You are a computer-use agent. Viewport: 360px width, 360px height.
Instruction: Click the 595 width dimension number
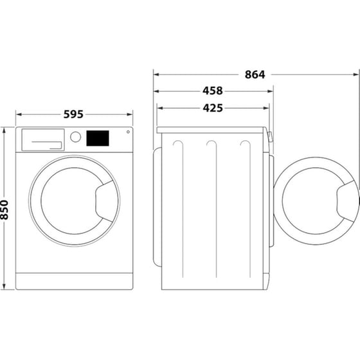73,114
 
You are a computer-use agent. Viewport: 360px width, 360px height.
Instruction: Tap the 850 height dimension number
6,208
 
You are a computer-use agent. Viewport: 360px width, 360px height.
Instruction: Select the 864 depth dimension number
255,74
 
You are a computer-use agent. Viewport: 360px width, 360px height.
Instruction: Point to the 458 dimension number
213,91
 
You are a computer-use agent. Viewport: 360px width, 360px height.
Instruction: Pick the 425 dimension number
213,108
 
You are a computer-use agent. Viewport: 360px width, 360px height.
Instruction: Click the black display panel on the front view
97,138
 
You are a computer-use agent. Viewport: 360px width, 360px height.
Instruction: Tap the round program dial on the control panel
75,137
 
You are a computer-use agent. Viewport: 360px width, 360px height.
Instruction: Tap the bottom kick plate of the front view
73,281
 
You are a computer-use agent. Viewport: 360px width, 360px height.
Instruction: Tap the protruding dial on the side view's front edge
271,137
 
